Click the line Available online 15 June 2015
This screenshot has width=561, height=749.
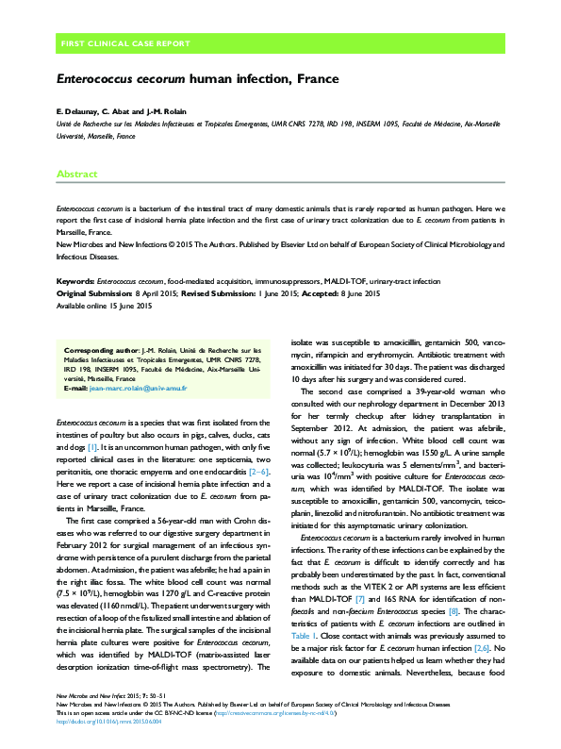point(104,307)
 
